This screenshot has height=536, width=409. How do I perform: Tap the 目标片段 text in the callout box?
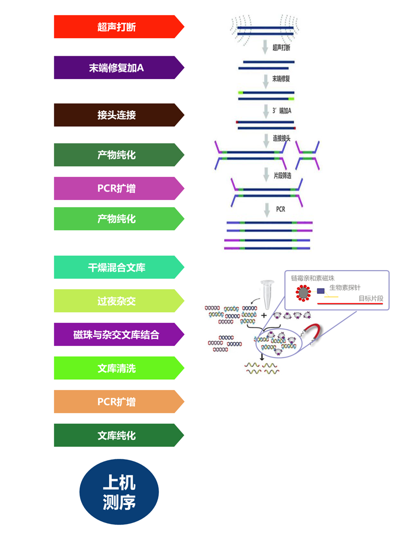[x=371, y=298]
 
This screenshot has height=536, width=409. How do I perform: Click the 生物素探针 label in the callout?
[x=345, y=288]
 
